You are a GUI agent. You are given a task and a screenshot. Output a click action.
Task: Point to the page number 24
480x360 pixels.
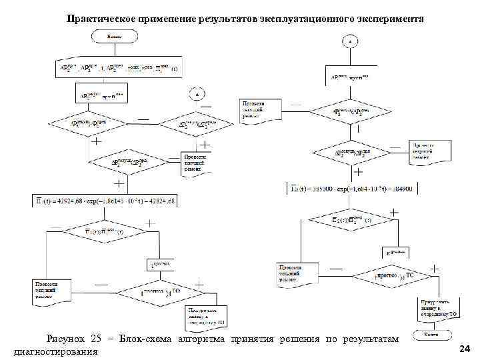pos(465,349)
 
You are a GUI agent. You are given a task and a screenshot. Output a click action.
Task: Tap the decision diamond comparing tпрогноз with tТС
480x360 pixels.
pos(395,275)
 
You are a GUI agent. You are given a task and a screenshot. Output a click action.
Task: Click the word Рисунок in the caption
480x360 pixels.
pos(65,340)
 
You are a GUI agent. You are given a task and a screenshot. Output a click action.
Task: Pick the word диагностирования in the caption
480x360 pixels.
pos(55,351)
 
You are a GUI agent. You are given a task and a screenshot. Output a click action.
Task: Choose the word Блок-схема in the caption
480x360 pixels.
pos(145,340)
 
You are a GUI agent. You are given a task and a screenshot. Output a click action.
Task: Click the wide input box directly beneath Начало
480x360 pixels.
pos(117,69)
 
